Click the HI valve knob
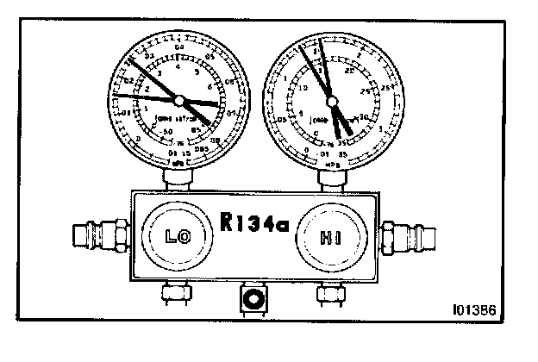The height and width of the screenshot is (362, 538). [x=327, y=236]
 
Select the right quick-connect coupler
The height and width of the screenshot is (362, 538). [x=405, y=234]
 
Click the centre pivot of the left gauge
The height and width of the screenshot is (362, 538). [x=178, y=97]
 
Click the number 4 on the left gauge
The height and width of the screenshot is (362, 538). [x=178, y=66]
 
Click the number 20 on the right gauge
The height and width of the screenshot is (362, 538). [x=350, y=73]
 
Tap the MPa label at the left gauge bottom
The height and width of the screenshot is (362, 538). [x=178, y=161]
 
